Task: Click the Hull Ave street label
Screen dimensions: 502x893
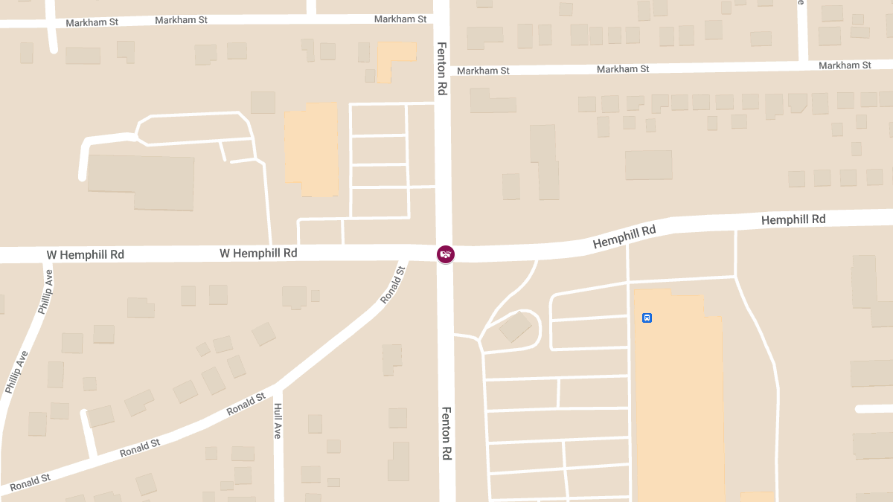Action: [x=278, y=421]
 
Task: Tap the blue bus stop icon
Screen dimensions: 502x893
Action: [x=647, y=318]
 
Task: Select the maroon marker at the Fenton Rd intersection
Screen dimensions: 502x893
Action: [x=445, y=254]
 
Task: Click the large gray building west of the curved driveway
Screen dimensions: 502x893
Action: [x=141, y=181]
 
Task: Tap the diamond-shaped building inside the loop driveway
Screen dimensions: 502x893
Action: [x=515, y=327]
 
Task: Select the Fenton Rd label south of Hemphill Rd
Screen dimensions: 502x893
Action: [x=446, y=434]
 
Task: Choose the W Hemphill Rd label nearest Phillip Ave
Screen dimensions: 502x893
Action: [x=86, y=254]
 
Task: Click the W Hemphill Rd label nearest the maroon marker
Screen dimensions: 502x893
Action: [x=258, y=253]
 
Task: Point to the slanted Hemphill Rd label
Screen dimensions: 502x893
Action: [x=624, y=237]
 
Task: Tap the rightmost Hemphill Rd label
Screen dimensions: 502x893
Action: [x=793, y=219]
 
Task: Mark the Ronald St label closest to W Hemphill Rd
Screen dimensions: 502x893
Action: [x=393, y=285]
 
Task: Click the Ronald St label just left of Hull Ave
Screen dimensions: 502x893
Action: [x=246, y=405]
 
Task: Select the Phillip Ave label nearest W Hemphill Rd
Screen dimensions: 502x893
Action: [x=46, y=292]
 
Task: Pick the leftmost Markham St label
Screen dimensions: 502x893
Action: [x=92, y=22]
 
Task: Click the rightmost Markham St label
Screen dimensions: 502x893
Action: [x=845, y=65]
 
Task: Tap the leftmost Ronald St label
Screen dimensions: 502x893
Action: [x=31, y=479]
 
